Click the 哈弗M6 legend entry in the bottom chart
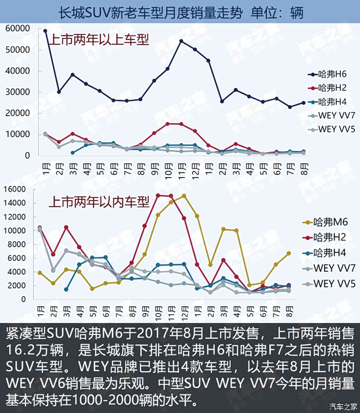[330, 221]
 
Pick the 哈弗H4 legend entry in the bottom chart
[330, 253]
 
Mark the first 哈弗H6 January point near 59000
[45, 30]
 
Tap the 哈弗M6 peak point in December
[184, 196]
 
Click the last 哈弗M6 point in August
[289, 253]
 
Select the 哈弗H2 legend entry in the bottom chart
[330, 237]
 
